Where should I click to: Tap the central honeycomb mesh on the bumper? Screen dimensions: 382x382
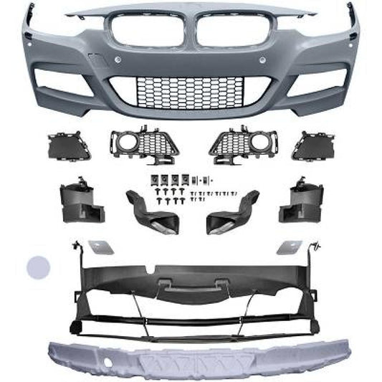tap(191, 91)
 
